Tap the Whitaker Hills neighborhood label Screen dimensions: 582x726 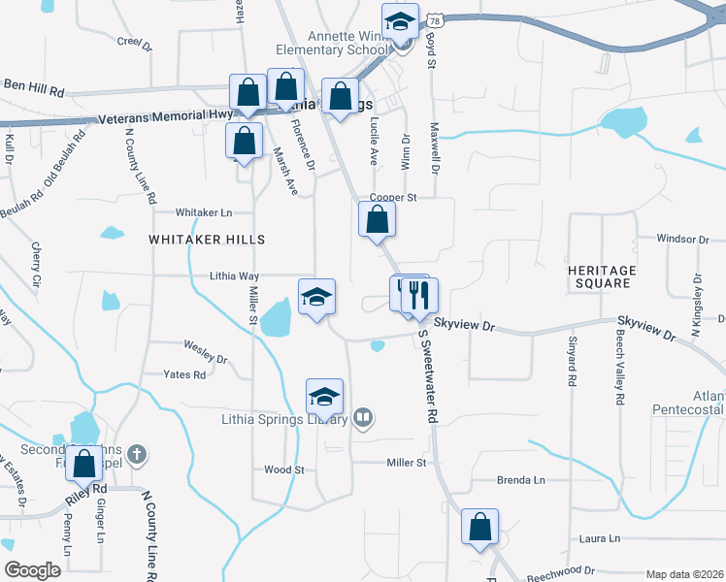point(192,239)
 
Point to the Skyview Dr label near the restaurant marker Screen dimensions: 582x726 point(465,327)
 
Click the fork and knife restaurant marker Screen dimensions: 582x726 point(419,295)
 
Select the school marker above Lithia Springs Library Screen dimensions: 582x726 point(325,396)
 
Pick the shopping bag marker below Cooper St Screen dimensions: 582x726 point(377,220)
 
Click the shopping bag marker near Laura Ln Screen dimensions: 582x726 point(479,527)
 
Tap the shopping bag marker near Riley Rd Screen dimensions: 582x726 point(84,465)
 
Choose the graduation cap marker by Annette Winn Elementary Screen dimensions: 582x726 point(399,23)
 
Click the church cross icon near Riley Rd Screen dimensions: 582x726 point(137,453)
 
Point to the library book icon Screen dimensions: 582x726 point(362,418)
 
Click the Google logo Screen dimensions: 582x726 point(33,570)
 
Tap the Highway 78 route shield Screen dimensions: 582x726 point(438,18)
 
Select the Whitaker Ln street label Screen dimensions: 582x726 point(204,212)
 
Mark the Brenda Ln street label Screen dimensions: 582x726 point(521,480)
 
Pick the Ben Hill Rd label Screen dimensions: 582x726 point(34,88)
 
